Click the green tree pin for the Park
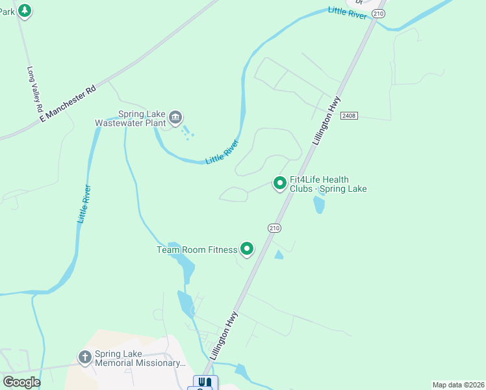24,11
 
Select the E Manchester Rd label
68,103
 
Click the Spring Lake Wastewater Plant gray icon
175,118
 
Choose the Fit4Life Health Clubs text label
328,184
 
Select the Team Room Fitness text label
197,250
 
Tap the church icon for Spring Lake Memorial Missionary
84,357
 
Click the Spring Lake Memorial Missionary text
139,358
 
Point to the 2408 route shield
348,115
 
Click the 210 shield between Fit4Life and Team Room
274,227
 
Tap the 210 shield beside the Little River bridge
379,14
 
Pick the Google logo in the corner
21,382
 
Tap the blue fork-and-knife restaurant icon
205,382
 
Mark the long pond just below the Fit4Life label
318,205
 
